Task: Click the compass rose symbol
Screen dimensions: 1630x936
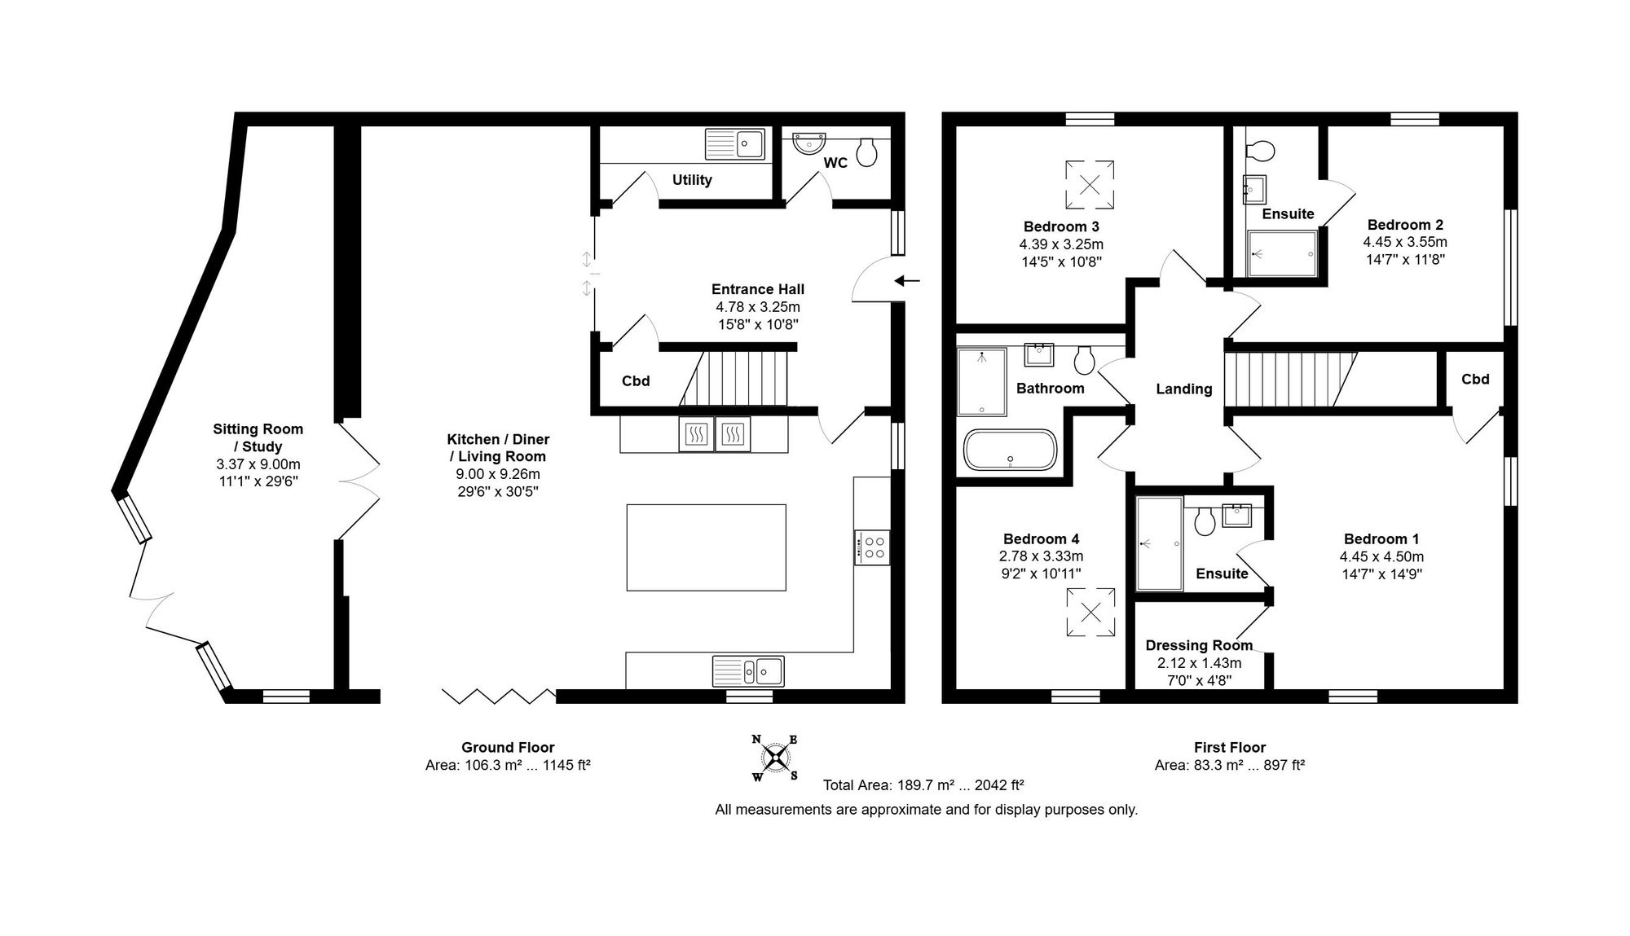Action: tap(775, 758)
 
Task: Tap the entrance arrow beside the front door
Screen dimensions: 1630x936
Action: tap(906, 281)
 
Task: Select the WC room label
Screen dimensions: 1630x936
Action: tap(835, 163)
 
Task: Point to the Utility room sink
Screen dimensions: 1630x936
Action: tap(735, 144)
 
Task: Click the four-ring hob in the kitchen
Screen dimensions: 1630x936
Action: tap(872, 547)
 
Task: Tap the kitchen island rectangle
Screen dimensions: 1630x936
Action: tap(706, 547)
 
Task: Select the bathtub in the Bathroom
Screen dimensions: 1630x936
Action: tap(1011, 450)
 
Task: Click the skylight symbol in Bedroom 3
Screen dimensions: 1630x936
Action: tap(1090, 184)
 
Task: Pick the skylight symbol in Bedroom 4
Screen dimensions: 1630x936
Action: tap(1090, 613)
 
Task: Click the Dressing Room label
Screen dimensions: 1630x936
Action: tap(1199, 645)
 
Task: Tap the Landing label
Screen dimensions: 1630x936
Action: tap(1184, 389)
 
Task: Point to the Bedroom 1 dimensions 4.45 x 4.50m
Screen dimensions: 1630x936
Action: tap(1381, 557)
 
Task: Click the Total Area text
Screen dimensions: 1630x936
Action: tap(923, 785)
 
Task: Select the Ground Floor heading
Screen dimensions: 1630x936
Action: tap(508, 747)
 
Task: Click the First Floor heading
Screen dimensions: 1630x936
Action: tap(1230, 747)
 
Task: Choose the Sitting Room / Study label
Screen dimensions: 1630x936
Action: tap(258, 437)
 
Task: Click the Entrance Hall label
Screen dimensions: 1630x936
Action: tap(758, 289)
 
